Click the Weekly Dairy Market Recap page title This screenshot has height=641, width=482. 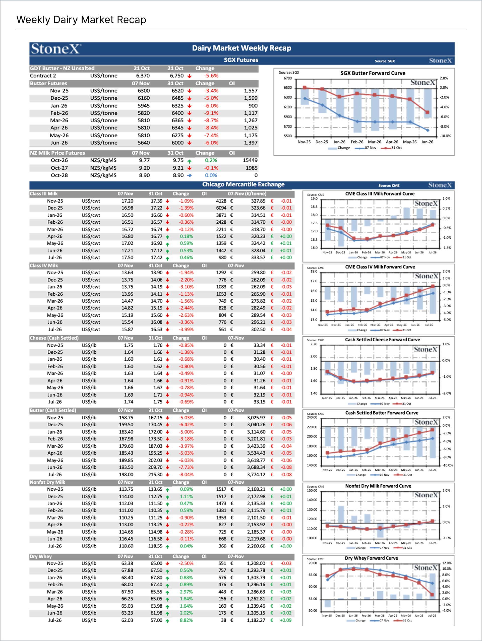81,20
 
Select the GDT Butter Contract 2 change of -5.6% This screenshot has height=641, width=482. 211,76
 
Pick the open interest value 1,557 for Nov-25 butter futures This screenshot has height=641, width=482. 251,91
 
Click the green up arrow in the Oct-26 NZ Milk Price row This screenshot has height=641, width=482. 189,161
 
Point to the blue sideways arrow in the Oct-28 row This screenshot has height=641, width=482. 189,175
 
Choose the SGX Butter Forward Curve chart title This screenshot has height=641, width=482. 373,73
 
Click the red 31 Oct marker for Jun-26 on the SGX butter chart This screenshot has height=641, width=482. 427,112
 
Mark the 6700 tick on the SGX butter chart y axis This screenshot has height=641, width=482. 287,78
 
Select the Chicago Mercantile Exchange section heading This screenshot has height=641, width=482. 243,184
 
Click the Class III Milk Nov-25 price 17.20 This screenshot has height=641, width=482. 127,201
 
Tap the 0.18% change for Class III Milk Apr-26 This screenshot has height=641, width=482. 186,236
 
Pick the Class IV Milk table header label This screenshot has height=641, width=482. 44,266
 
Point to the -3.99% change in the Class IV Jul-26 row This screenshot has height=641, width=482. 186,329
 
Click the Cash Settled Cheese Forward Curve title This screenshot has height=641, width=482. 382,340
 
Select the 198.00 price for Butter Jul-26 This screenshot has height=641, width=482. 126,474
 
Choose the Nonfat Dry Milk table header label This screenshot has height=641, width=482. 47,482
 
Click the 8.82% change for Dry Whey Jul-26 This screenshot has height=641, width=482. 186,620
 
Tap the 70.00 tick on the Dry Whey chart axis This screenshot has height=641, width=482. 313,563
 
